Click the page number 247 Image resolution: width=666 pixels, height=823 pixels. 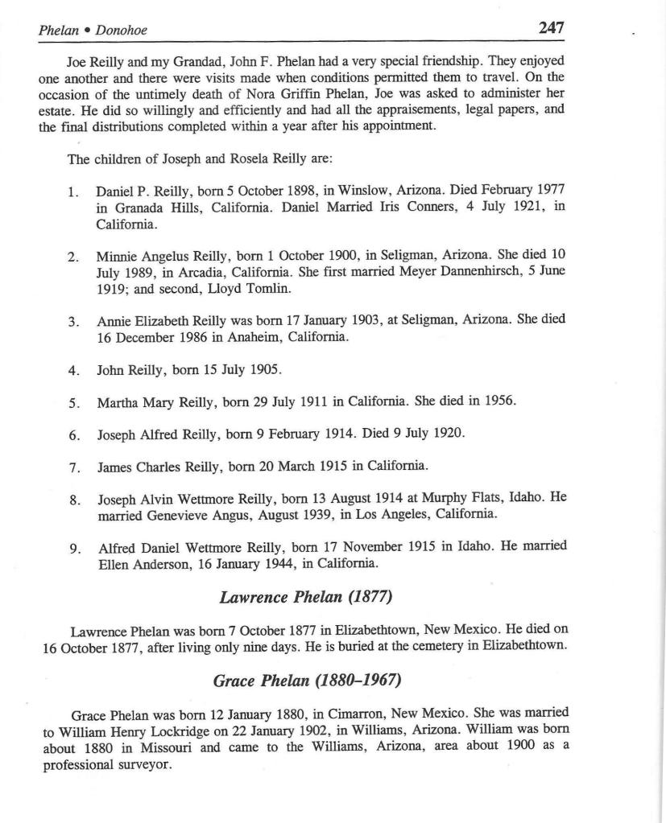click(551, 27)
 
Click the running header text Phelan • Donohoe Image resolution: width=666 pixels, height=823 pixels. click(93, 31)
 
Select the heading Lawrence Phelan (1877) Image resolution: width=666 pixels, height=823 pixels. click(305, 597)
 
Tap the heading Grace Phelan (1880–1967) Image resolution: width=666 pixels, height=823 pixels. click(307, 681)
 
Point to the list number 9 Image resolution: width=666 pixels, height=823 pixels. click(74, 549)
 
